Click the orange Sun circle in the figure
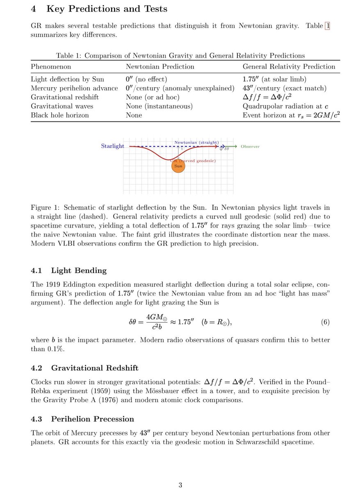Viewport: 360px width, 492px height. pos(178,167)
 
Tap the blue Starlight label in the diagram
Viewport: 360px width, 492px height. pos(112,146)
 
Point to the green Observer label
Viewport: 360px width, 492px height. pos(250,146)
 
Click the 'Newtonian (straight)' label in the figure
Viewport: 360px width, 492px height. pos(196,142)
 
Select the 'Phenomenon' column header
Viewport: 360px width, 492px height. pos(51,66)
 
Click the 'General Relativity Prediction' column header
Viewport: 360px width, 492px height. pos(289,66)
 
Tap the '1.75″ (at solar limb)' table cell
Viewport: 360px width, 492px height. pos(274,79)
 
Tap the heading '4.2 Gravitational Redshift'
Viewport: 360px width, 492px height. pos(84,368)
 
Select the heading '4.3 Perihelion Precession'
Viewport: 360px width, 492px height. pos(82,419)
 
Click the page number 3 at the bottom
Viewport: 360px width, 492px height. pos(180,485)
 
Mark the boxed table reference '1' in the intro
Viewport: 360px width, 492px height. pos(327,26)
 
